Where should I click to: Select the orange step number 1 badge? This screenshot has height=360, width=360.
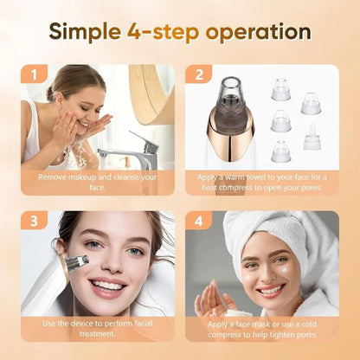click(x=35, y=75)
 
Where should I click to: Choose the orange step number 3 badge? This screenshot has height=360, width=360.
click(x=35, y=222)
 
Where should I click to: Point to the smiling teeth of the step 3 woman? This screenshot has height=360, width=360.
click(x=109, y=286)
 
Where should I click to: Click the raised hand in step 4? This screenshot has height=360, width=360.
click(x=210, y=299)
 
